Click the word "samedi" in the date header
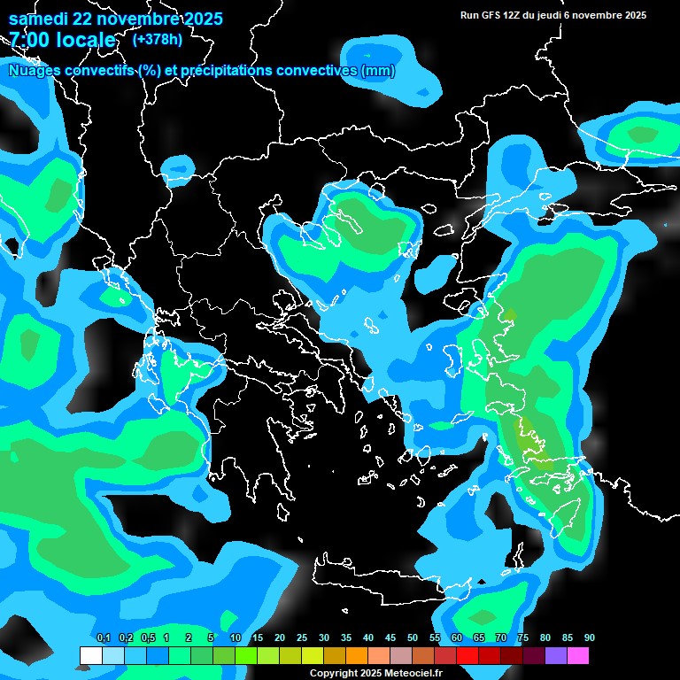(39, 19)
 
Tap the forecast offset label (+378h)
(157, 39)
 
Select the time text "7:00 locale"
(62, 41)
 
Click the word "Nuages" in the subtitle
(36, 71)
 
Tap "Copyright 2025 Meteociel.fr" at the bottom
(375, 673)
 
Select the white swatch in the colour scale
(90, 655)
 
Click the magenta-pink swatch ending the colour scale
(577, 655)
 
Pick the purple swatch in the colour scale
(555, 655)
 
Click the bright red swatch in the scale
(467, 655)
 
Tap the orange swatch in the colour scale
(356, 655)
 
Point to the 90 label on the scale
(589, 638)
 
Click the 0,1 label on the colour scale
(103, 638)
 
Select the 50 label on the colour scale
(413, 638)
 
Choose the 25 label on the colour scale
(302, 638)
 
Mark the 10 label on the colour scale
(236, 638)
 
